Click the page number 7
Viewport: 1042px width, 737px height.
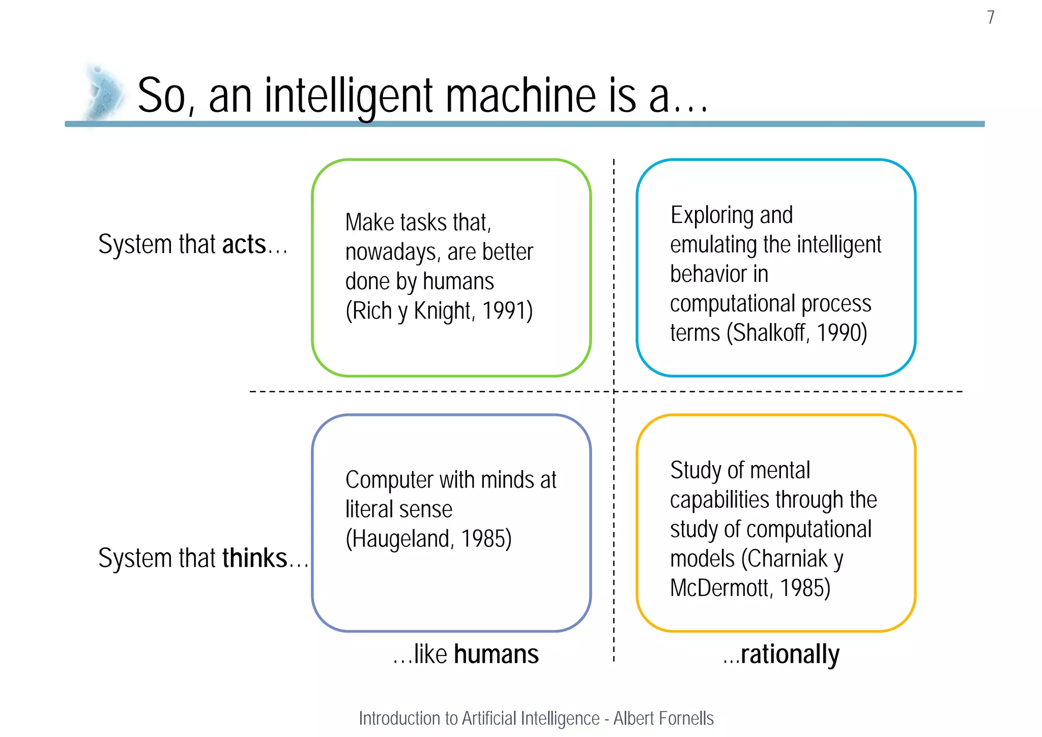coord(990,17)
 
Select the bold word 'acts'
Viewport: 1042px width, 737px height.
coord(244,244)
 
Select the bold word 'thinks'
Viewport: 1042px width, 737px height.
coord(255,558)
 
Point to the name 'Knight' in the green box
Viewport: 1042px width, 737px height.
coord(442,310)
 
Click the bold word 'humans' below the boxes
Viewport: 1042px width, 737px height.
coord(496,655)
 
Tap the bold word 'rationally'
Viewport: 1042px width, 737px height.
coord(790,655)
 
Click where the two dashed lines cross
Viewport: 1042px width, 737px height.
coord(614,391)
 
